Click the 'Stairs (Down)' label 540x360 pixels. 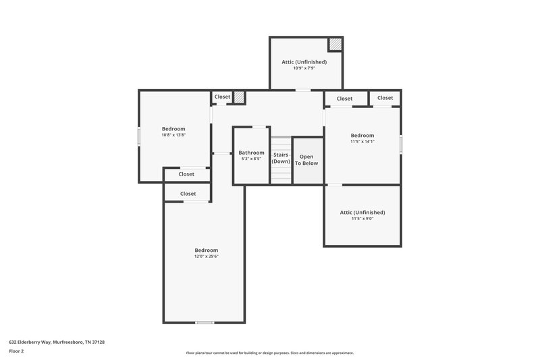coord(281,159)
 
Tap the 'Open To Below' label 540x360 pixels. coord(306,160)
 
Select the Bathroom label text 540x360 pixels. coord(251,153)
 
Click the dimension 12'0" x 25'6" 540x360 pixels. coord(207,257)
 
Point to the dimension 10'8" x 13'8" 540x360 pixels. coord(173,135)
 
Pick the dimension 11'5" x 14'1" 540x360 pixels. coord(362,142)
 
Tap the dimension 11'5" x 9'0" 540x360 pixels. coord(362,219)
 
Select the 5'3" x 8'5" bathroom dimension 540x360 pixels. coord(251,159)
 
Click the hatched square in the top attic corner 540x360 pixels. coord(335,44)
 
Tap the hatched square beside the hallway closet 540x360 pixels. coord(238,97)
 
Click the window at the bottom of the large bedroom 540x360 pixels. coord(205,323)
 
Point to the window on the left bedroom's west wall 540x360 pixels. coord(139,136)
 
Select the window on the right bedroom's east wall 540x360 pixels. coord(401,144)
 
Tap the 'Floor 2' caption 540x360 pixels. coord(16,351)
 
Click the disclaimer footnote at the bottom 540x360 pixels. coord(269,353)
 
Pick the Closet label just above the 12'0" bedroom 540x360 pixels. coord(188,194)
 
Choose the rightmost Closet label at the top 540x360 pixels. coord(385,98)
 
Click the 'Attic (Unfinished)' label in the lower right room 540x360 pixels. coord(362,212)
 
